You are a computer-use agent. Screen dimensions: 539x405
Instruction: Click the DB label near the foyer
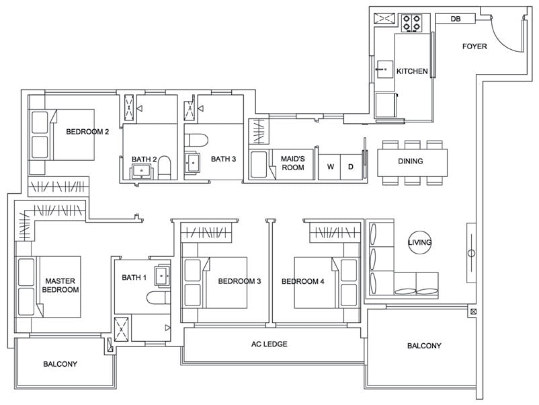[456, 19]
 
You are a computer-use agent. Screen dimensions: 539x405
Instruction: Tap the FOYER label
[474, 46]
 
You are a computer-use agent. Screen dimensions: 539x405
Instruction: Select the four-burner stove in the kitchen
[411, 23]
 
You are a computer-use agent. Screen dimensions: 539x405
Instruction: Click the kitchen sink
[384, 70]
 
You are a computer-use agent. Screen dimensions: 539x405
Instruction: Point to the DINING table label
[411, 161]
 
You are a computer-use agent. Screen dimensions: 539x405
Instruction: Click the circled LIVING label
[419, 242]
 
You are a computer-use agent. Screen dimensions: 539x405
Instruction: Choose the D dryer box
[351, 167]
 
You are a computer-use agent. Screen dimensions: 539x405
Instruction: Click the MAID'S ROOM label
[293, 163]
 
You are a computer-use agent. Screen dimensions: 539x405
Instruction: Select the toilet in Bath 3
[196, 140]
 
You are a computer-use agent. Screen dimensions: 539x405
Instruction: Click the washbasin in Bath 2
[142, 172]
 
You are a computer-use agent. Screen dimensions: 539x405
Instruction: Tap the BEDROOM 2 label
[87, 131]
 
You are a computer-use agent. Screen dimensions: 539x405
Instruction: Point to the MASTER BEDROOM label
[60, 286]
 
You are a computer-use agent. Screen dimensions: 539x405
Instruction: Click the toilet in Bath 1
[159, 298]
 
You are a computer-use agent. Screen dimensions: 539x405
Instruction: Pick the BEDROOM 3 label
[239, 281]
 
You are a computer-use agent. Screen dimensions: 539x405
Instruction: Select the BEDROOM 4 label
[303, 281]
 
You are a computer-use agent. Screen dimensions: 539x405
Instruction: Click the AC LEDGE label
[269, 344]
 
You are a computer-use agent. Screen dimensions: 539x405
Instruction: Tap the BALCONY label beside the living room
[424, 346]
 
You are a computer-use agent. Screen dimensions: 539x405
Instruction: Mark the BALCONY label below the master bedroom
[60, 364]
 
